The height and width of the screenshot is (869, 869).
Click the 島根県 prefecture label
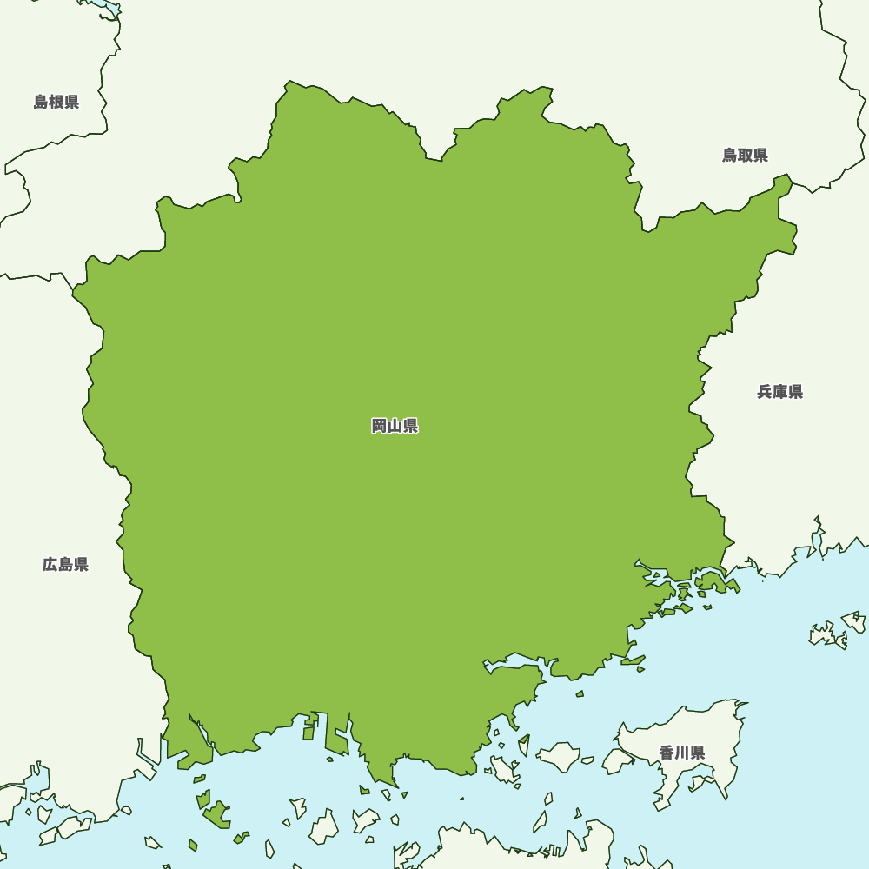[x=56, y=103]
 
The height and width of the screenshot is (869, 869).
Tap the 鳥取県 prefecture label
[x=745, y=156]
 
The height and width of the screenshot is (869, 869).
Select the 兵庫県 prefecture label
[x=779, y=392]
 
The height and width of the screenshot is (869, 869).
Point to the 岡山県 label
[x=395, y=426]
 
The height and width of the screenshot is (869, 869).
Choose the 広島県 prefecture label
[x=65, y=565]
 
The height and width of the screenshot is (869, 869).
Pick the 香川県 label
[x=681, y=753]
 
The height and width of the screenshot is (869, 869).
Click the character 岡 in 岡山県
[x=380, y=426]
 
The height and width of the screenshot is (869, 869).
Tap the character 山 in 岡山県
[x=395, y=426]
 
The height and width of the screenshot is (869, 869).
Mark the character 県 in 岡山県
[x=410, y=426]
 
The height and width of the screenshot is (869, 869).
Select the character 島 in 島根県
[x=41, y=103]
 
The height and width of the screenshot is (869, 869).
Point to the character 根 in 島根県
[x=56, y=103]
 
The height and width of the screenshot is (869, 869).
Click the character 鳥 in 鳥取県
[x=730, y=156]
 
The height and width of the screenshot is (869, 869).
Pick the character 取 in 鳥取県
[x=745, y=156]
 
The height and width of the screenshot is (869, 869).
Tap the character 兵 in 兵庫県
[x=765, y=392]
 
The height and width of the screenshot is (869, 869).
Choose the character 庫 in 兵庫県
[x=779, y=392]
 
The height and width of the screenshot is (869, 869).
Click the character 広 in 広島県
[x=50, y=565]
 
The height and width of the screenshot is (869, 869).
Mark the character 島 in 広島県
[x=65, y=565]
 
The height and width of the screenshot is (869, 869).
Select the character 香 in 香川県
[x=667, y=753]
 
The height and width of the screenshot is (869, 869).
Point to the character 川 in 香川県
[x=681, y=753]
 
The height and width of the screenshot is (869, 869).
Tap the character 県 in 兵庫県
[x=795, y=392]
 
